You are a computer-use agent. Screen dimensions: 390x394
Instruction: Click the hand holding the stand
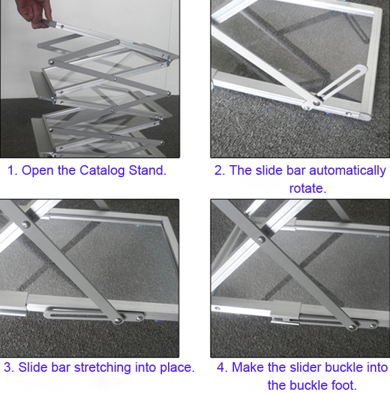tap(35, 13)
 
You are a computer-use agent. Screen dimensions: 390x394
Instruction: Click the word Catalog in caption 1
tap(102, 171)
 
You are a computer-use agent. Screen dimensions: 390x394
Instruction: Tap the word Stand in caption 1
tap(148, 171)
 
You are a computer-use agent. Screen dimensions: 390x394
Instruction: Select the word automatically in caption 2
tap(347, 171)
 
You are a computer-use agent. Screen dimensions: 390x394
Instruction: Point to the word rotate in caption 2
tap(308, 189)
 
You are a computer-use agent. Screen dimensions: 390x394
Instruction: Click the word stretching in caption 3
tap(103, 368)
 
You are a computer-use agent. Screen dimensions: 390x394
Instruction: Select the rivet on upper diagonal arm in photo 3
tap(25, 225)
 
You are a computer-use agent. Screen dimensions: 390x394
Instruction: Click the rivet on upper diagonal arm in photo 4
tap(262, 240)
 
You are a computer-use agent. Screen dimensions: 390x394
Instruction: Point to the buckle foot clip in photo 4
tap(284, 321)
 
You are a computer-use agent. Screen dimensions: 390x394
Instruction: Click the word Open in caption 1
tap(38, 171)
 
